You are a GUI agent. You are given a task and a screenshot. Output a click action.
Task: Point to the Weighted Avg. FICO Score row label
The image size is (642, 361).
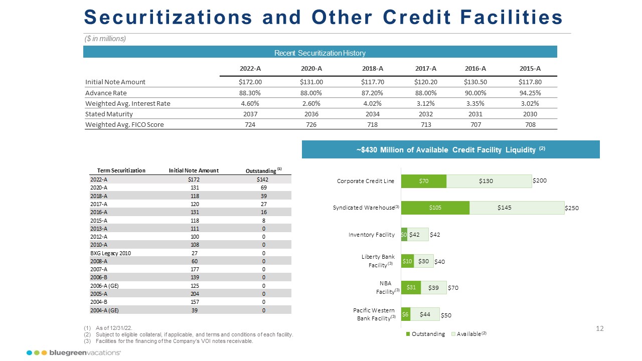[125, 124]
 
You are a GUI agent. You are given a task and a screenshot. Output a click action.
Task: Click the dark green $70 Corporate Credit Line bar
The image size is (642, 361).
[424, 182]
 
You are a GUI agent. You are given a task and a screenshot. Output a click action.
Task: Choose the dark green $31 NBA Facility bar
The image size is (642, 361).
[411, 287]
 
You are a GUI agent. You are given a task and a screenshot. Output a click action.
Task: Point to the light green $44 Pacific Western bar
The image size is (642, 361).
[425, 314]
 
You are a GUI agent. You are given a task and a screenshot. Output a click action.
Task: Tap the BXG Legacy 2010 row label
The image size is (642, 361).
[110, 253]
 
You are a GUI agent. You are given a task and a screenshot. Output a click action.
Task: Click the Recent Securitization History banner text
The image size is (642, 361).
[320, 53]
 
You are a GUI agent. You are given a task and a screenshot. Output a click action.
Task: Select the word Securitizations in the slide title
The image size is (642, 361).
[169, 17]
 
